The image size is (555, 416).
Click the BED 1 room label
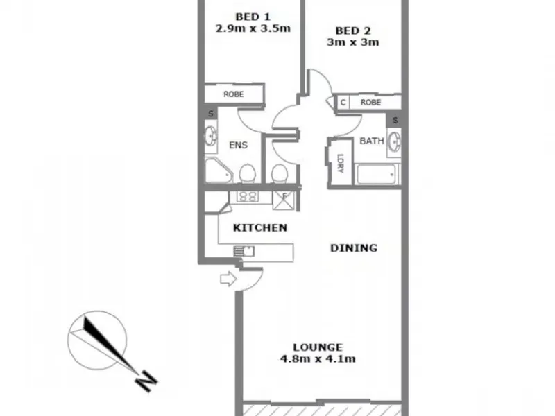253,17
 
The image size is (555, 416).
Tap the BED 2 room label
353,31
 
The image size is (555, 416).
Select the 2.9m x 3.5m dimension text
253,28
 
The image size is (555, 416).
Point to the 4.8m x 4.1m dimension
318,358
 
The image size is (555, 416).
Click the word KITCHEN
259,227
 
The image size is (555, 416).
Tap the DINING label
354,248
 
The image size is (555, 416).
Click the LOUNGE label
318,347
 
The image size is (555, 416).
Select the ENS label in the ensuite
238,145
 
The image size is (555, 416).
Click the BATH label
372,141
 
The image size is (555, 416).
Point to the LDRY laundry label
341,163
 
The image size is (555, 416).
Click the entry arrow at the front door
228,279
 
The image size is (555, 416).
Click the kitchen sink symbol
244,251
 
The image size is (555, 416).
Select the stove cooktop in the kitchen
247,197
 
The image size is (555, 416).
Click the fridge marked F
284,200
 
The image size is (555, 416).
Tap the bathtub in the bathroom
376,175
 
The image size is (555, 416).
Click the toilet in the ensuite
248,174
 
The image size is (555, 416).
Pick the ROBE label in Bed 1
234,94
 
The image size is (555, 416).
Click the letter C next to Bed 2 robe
343,103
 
